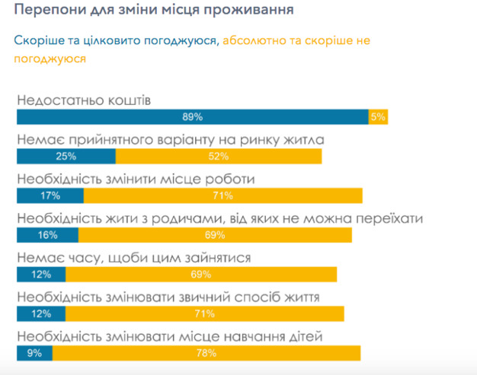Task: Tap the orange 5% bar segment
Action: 378,116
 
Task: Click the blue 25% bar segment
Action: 66,156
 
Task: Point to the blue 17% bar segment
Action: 50,195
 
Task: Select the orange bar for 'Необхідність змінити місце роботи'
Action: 223,195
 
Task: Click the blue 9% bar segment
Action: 34,353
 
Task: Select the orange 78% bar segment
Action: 206,353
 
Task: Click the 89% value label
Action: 192,116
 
